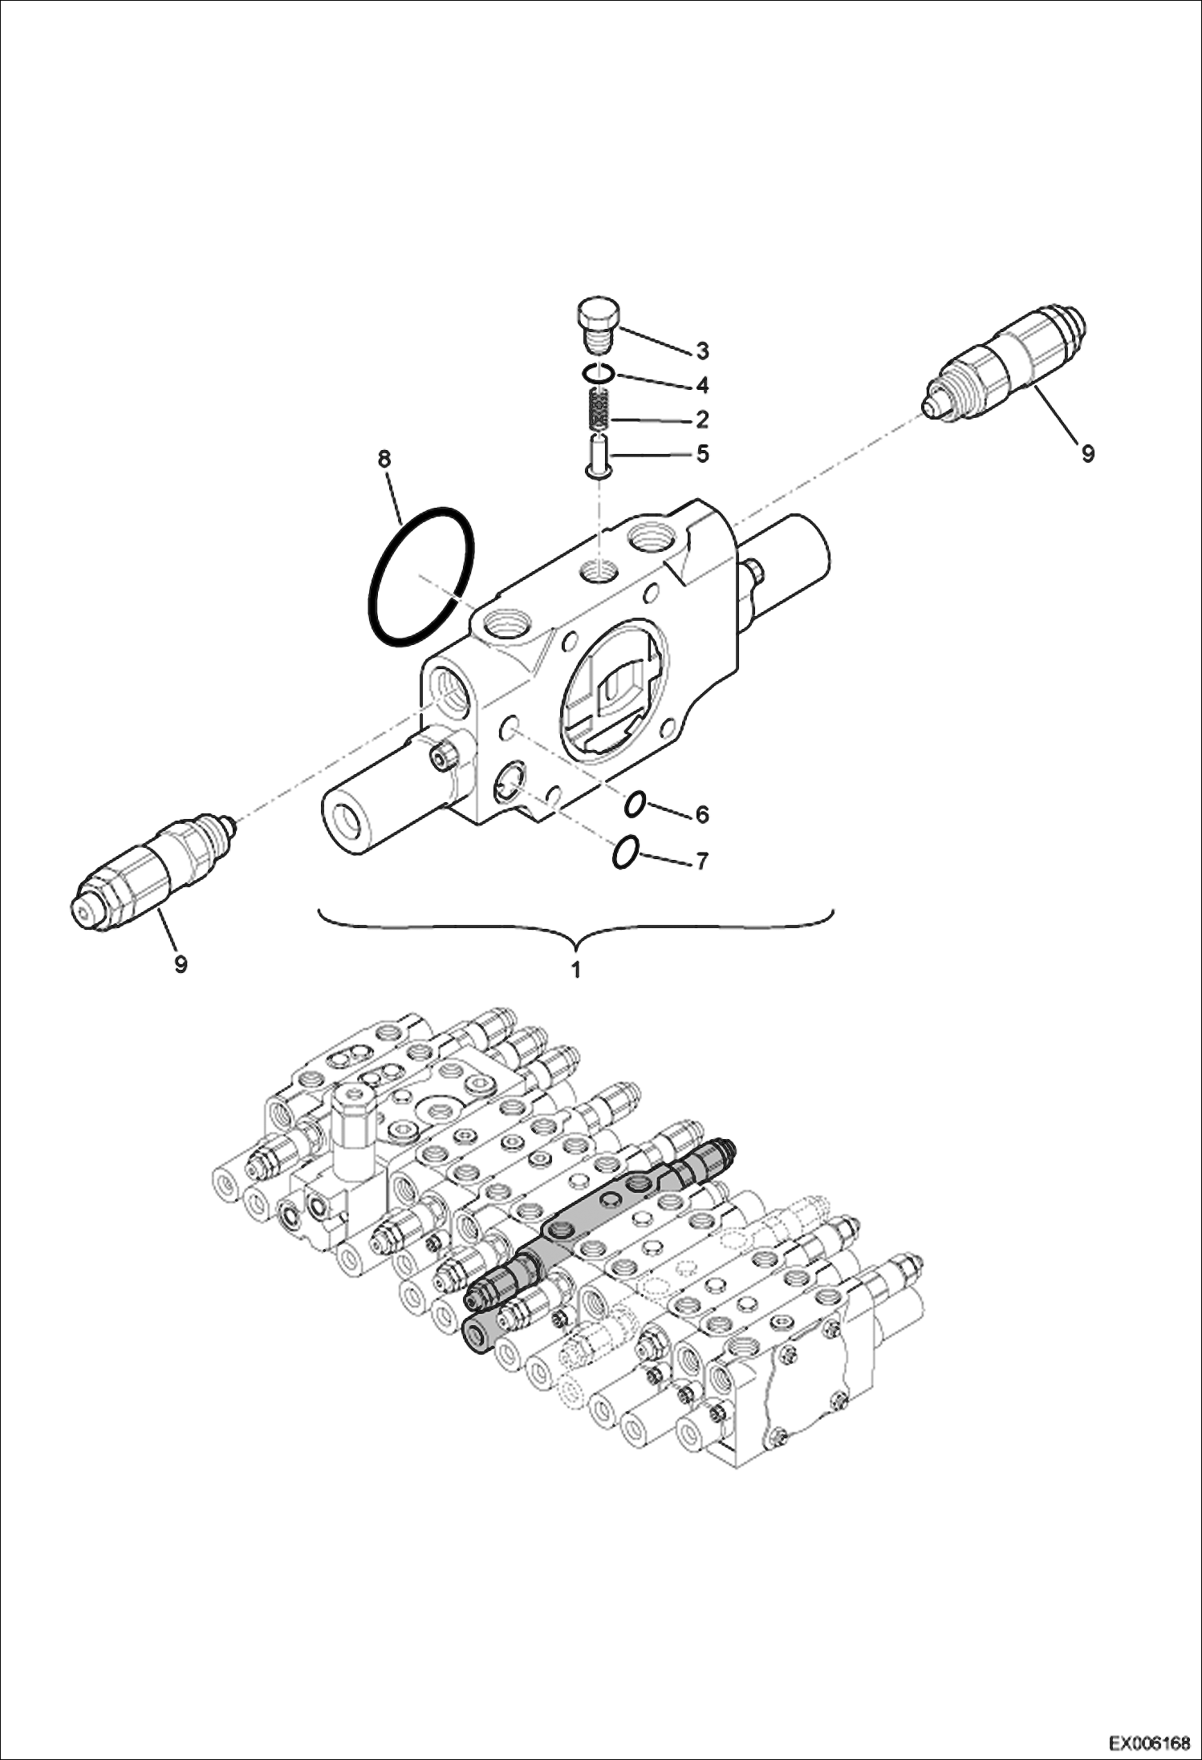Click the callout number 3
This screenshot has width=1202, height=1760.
coord(702,351)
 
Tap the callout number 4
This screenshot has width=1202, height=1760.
coord(702,386)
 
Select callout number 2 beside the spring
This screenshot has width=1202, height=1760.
coord(702,420)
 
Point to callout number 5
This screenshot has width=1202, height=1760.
coord(702,455)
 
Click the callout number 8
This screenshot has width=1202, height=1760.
coord(384,460)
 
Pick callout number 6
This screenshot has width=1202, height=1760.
coord(702,815)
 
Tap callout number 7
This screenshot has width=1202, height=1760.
coord(702,862)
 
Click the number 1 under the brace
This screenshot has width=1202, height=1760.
coord(575,970)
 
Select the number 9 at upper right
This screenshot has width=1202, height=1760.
coord(1087,454)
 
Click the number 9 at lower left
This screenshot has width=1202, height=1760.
coord(181,964)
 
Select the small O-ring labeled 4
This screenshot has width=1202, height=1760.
coord(599,373)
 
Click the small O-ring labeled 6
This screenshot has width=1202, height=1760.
coord(636,804)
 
